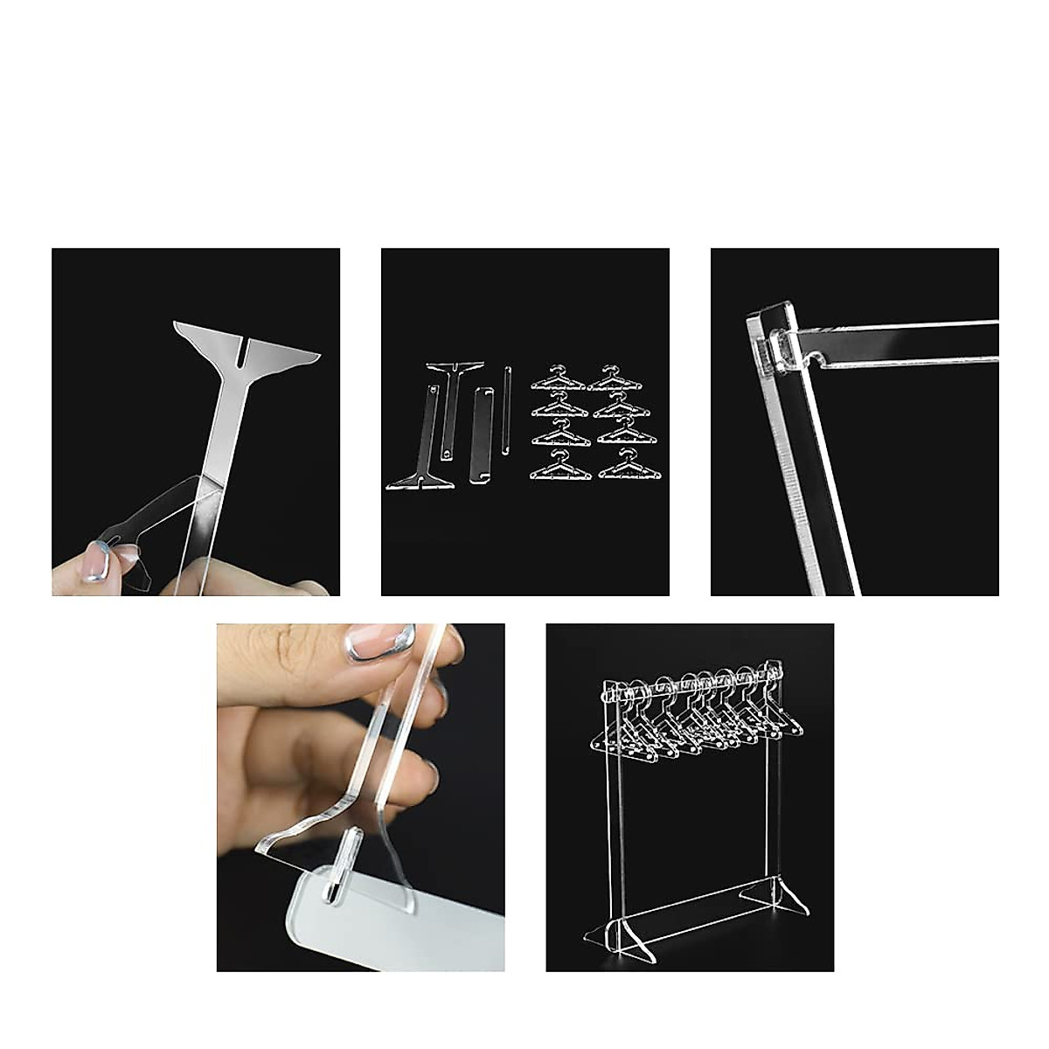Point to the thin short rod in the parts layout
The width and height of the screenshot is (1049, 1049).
point(506,410)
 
